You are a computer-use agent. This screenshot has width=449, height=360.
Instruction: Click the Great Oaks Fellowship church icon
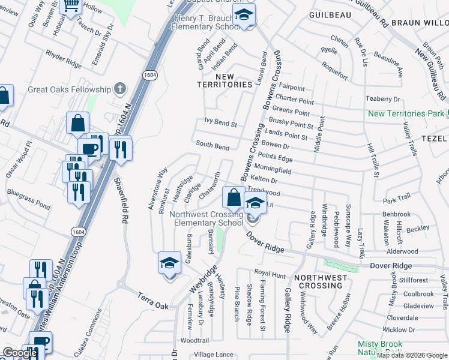click(x=120, y=89)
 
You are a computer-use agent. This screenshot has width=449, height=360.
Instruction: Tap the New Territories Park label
click(x=406, y=113)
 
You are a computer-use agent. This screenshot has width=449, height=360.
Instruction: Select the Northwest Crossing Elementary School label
click(x=206, y=218)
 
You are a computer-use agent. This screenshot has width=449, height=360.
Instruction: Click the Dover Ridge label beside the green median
click(x=391, y=265)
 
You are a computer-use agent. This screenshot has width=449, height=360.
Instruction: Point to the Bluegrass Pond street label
click(x=29, y=199)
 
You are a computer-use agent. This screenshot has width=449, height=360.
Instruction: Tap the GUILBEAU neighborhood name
click(x=329, y=14)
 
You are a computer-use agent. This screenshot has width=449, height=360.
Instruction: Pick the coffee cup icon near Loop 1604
click(x=89, y=148)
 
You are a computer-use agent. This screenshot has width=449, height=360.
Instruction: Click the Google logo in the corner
click(x=19, y=353)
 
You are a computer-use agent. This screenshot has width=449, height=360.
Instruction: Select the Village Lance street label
click(x=214, y=355)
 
